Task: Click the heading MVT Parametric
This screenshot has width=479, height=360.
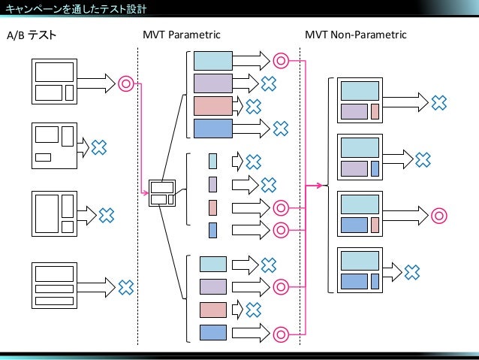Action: click(182, 35)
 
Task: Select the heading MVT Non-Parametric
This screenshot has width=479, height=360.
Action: click(356, 35)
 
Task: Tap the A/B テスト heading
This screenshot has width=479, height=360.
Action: click(32, 35)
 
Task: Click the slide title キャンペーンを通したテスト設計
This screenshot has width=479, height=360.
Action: click(76, 8)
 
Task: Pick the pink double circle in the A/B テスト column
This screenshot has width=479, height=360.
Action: click(126, 83)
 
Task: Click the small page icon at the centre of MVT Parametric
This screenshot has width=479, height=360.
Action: click(162, 193)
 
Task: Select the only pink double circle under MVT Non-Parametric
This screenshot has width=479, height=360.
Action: click(439, 216)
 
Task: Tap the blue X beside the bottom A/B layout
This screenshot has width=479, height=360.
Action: click(126, 288)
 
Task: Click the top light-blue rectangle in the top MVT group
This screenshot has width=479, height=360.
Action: click(213, 61)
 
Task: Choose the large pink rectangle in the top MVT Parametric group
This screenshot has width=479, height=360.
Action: click(213, 106)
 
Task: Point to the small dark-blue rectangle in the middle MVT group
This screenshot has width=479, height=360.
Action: click(213, 230)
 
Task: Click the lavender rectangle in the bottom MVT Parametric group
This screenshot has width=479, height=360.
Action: click(213, 287)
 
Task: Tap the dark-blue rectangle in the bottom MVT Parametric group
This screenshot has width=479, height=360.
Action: click(213, 332)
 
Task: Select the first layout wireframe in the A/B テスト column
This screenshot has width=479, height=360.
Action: click(54, 82)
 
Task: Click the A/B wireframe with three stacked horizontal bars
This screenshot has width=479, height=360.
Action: click(54, 286)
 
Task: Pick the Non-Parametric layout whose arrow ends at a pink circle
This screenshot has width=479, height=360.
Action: click(360, 213)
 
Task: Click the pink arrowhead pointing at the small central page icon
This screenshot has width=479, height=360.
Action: click(146, 192)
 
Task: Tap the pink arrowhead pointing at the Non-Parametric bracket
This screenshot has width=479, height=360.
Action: click(320, 186)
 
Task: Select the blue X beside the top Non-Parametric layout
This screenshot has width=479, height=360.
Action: click(439, 103)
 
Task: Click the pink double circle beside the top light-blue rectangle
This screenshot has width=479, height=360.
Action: click(281, 61)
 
